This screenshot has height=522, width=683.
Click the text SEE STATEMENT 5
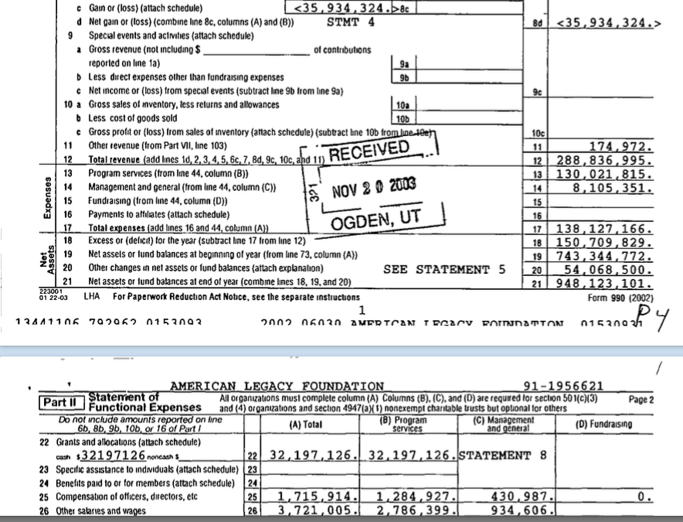(444, 269)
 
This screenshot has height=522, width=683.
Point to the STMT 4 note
(351, 22)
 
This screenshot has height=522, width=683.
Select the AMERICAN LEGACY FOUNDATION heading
(277, 386)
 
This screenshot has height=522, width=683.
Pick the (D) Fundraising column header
(603, 424)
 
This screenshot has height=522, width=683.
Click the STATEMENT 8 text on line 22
(503, 455)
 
